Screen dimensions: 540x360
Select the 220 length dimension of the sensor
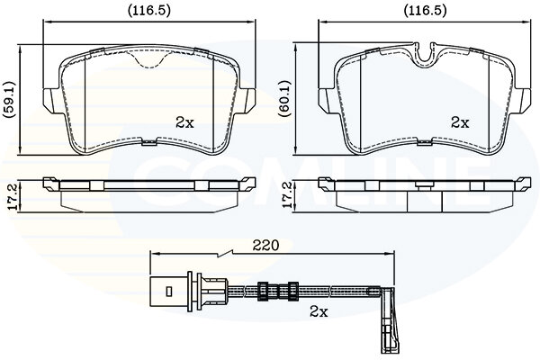[265, 246]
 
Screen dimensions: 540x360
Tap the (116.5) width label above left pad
[149, 11]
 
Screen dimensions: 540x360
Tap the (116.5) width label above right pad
[426, 11]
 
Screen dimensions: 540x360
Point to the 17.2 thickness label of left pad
[12, 196]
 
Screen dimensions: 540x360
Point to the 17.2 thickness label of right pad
[287, 195]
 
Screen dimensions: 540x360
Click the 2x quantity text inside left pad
[184, 122]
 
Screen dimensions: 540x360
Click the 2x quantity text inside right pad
[460, 122]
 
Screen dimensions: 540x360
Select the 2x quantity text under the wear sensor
[319, 311]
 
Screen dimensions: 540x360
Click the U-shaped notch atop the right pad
[424, 53]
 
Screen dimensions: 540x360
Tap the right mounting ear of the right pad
[523, 100]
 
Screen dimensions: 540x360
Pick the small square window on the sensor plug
[169, 292]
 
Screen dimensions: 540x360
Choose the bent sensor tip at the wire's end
[389, 320]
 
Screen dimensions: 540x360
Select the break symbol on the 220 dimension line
[224, 254]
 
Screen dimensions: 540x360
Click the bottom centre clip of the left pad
[149, 141]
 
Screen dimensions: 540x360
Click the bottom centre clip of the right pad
[424, 141]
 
